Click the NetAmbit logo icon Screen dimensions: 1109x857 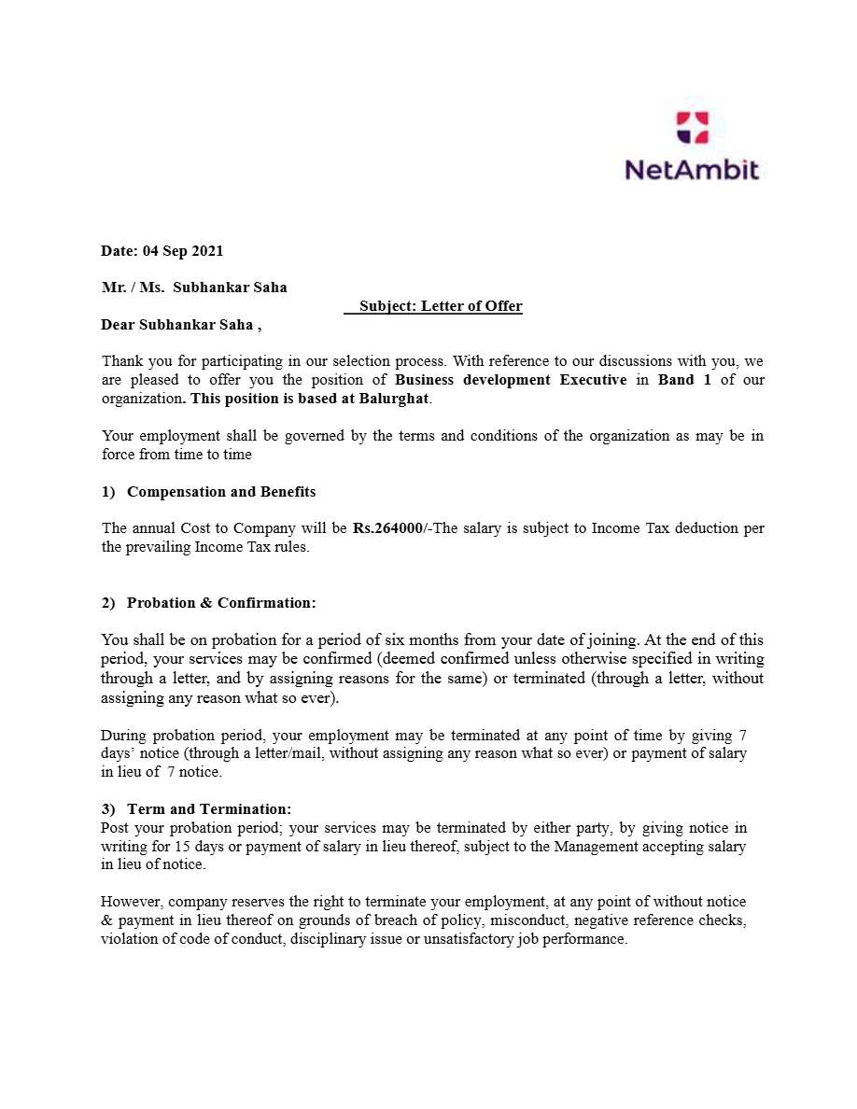pos(692,127)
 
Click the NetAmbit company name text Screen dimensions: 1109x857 pos(692,170)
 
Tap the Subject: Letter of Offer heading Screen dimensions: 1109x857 pos(441,306)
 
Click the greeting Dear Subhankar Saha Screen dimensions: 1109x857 pos(177,325)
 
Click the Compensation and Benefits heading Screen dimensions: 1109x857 pos(221,492)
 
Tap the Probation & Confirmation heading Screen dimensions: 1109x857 pos(221,603)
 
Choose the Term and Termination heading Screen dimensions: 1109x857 pos(209,809)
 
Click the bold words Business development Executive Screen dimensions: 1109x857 pos(511,380)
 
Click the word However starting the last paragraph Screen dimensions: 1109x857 pos(132,902)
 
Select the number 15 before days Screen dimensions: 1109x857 pos(184,847)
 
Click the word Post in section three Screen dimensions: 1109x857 pos(116,828)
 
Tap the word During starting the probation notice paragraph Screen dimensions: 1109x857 pos(123,736)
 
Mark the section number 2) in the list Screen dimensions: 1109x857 pos(108,603)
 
